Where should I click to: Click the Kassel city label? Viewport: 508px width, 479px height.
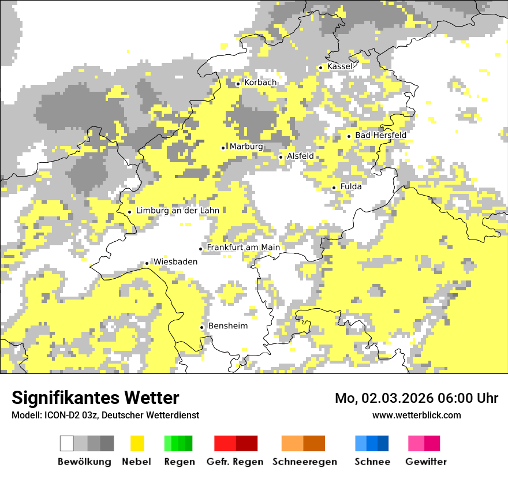point(339,66)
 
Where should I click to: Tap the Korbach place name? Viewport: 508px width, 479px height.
point(260,83)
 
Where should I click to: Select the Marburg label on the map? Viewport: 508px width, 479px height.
point(246,147)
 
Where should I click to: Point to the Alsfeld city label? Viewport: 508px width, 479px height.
point(300,156)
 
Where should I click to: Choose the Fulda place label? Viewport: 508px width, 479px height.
point(351,186)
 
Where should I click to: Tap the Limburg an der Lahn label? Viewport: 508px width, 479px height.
point(177,211)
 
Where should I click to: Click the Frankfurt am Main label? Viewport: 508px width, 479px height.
point(243,248)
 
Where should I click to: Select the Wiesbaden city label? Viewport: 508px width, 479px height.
point(175,261)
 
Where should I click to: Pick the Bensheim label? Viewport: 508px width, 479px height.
point(227,326)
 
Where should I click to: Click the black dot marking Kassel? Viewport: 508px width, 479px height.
point(321,68)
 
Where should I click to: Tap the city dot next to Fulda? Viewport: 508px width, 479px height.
point(334,188)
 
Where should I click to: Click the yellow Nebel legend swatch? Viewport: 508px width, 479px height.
point(137,443)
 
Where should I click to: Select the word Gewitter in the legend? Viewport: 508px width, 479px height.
point(426,462)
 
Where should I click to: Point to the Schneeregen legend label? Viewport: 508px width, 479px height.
point(305,462)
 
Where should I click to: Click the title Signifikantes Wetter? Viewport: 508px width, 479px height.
point(95,398)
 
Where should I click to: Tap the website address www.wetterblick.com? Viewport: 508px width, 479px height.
point(416,415)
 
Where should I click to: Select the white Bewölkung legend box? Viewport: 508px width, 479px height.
point(67,443)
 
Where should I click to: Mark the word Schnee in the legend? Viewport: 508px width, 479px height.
point(372,462)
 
